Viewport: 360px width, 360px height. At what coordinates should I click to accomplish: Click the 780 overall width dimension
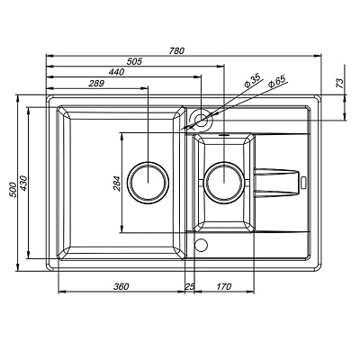click(x=177, y=51)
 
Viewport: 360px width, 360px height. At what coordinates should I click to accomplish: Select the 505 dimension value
click(x=134, y=61)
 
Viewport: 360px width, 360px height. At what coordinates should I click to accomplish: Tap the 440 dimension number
click(x=117, y=72)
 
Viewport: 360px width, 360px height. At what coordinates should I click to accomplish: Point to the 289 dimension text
click(x=96, y=84)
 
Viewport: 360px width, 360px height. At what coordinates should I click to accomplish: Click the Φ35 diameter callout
click(x=252, y=81)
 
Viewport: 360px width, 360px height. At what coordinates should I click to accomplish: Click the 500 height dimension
click(x=13, y=190)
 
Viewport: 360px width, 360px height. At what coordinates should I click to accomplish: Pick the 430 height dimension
click(x=23, y=183)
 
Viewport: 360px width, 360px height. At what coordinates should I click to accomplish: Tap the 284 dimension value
click(x=116, y=184)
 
